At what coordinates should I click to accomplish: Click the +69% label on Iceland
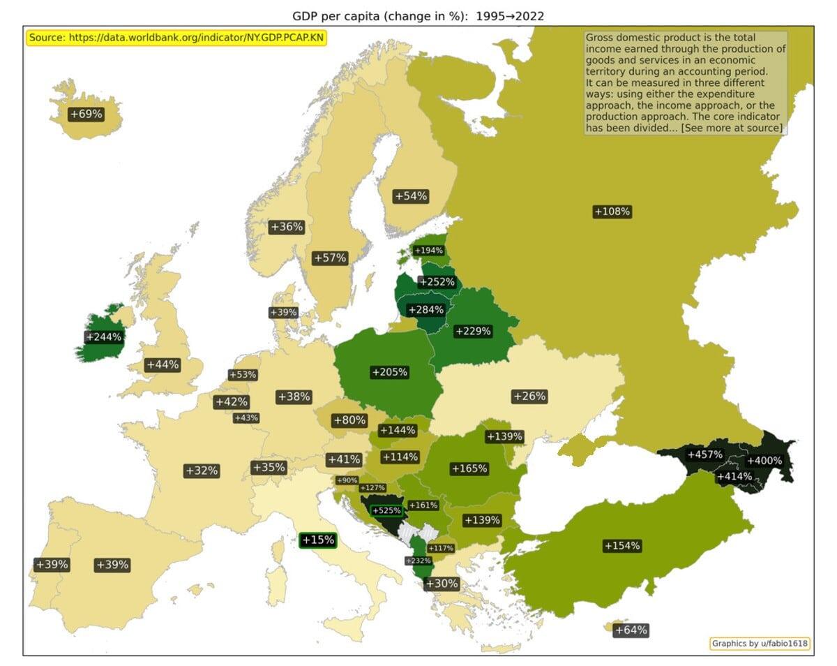coord(86,114)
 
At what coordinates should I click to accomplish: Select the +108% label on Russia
coord(612,212)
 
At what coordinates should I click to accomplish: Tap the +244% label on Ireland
coord(103,337)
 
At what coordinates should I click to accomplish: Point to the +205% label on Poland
coord(389,372)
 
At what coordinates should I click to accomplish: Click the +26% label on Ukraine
coord(529,397)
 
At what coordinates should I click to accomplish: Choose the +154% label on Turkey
coord(622,546)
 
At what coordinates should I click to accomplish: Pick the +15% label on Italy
coord(318,540)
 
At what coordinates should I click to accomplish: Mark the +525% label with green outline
coord(386,510)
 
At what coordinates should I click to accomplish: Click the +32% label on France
coord(202,471)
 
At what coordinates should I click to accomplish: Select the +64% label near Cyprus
coord(631,630)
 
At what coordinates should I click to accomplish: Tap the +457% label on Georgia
coord(704,455)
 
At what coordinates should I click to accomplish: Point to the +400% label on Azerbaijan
coord(764,461)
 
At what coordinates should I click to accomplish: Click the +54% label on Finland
coord(411,196)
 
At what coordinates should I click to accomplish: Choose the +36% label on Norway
coord(287,227)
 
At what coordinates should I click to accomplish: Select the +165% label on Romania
coord(469,468)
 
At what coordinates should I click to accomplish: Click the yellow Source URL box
coord(176,38)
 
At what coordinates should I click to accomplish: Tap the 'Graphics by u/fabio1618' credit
coord(760,644)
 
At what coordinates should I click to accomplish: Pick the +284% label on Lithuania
coord(425,310)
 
